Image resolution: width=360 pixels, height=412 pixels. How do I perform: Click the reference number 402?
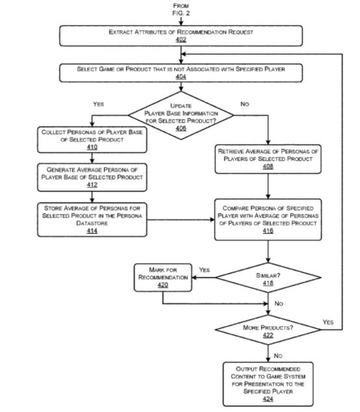tap(181, 40)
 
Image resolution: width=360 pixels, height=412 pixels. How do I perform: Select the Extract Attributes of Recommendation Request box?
tap(181, 36)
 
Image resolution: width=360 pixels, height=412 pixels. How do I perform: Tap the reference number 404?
tap(181, 77)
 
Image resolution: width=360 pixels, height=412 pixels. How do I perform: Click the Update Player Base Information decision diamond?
tap(181, 116)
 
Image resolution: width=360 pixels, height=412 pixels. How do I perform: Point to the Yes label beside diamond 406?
tap(99, 104)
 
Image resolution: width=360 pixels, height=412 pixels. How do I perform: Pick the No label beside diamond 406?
tap(244, 104)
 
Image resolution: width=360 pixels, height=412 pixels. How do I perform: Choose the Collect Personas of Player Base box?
tap(92, 140)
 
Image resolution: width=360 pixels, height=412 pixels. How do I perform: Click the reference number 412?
tap(92, 185)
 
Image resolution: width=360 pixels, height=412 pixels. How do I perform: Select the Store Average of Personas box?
tap(92, 220)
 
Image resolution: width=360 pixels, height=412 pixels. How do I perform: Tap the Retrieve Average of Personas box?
tap(268, 159)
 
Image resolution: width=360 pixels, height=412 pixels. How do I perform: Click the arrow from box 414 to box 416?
tap(181, 220)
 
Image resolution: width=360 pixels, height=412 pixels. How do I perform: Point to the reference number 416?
tap(268, 231)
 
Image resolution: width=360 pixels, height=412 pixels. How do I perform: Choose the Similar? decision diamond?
tap(268, 277)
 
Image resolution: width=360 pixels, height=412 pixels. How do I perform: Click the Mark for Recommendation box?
tap(163, 277)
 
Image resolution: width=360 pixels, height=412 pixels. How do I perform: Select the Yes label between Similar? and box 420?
tap(204, 270)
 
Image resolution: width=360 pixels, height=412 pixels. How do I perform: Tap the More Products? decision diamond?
tap(268, 329)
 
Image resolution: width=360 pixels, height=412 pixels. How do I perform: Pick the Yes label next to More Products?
tap(328, 322)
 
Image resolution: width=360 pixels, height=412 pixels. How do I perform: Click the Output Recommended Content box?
tap(268, 384)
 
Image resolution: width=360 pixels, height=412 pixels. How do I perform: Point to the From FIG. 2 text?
tap(181, 10)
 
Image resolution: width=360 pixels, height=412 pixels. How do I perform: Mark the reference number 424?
tap(268, 399)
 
